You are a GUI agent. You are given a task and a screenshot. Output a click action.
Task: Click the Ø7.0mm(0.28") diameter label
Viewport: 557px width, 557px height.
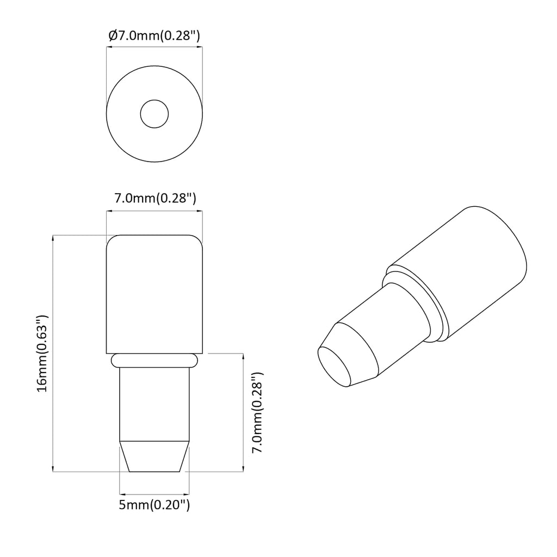tap(154, 36)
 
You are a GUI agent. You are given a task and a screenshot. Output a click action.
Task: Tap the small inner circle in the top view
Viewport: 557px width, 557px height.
tap(154, 114)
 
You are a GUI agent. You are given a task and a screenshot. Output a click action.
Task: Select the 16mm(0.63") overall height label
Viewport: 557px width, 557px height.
tap(42, 353)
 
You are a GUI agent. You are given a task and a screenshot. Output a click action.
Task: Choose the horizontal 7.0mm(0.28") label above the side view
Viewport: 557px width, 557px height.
tap(155, 198)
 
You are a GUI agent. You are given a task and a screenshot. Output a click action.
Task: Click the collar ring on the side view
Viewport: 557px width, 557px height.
tap(154, 360)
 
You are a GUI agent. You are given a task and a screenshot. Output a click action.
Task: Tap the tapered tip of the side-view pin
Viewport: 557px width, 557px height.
tap(154, 456)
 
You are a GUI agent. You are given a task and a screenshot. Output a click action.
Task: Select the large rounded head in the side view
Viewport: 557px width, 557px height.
tap(154, 294)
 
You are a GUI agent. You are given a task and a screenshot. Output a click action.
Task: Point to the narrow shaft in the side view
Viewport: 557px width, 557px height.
tap(154, 404)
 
